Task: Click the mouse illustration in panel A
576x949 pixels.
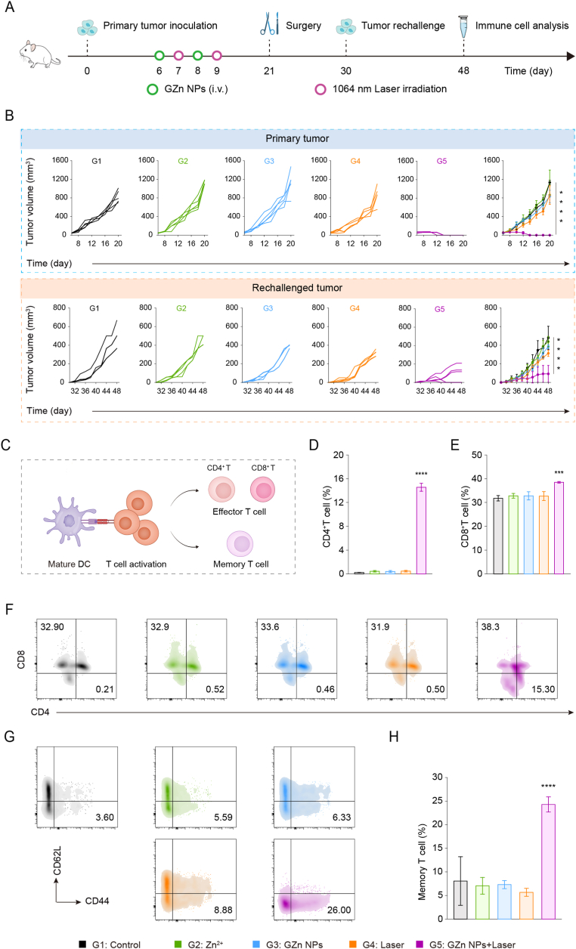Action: [39, 54]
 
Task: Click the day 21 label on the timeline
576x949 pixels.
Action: [269, 71]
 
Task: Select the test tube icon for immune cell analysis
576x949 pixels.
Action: [463, 26]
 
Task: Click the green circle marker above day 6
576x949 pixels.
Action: [159, 55]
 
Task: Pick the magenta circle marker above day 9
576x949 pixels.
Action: [217, 55]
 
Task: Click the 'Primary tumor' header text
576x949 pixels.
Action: [297, 138]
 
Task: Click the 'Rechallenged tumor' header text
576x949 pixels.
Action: [297, 288]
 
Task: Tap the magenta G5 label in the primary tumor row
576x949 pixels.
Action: [441, 161]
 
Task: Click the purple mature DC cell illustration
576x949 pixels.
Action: [69, 521]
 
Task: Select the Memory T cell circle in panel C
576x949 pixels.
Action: [240, 543]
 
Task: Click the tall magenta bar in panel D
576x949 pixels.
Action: [421, 530]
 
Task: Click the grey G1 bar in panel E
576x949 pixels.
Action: [498, 536]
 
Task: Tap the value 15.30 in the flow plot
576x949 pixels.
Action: [543, 689]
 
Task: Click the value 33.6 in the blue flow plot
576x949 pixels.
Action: [270, 626]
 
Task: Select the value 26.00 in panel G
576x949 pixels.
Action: [339, 910]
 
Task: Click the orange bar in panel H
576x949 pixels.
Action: [526, 905]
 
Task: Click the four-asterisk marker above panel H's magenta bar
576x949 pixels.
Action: [549, 787]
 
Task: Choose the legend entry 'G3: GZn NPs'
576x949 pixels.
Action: [287, 944]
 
